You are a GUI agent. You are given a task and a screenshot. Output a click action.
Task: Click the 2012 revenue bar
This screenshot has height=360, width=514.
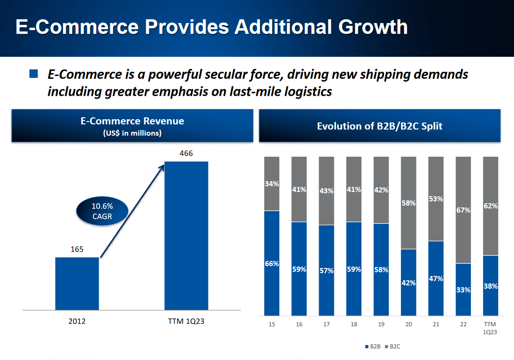[77, 283]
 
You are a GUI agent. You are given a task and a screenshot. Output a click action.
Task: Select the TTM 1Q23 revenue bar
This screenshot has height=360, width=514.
[186, 236]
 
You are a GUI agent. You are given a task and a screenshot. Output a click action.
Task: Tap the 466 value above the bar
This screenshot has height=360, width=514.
[186, 153]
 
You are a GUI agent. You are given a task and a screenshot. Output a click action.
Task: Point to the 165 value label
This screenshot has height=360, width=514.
[77, 249]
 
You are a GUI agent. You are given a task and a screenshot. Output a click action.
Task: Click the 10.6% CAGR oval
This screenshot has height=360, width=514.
[102, 211]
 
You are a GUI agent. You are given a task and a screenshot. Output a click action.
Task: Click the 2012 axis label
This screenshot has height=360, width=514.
[77, 322]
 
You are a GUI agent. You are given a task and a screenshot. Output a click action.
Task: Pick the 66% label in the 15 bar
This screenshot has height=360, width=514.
[272, 264]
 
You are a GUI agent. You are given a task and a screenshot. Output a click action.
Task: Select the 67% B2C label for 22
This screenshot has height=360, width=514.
[463, 210]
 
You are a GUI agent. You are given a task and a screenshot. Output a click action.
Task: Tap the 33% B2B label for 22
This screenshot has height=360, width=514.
[463, 290]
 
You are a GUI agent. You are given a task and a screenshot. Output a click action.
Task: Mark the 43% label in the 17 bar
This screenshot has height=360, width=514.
[326, 191]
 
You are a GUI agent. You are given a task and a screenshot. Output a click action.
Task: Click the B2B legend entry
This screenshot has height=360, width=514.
[373, 346]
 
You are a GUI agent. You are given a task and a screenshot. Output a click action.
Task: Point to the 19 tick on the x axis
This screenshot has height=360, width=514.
[381, 324]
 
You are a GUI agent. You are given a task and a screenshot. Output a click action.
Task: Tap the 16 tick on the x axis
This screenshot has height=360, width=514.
[299, 324]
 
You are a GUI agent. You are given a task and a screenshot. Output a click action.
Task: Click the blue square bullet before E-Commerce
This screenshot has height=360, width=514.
[33, 74]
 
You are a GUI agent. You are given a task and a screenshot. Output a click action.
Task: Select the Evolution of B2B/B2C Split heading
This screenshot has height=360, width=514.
[379, 126]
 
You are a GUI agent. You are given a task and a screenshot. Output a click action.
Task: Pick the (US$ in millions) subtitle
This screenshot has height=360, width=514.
[132, 133]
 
